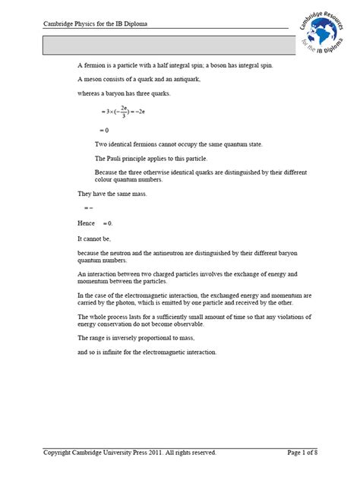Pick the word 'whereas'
[90, 93]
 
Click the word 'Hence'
[86, 223]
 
